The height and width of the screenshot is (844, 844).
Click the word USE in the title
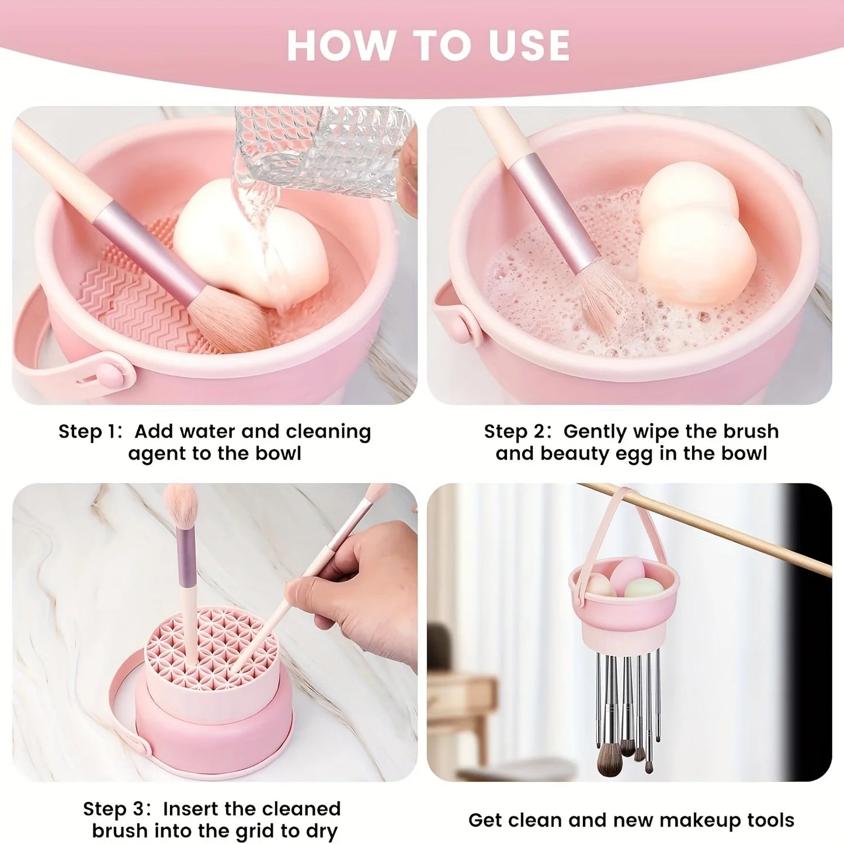529,46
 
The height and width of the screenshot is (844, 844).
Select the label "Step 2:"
517,432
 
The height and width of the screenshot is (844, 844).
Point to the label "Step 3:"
116,809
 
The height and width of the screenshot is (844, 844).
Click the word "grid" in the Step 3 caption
256,831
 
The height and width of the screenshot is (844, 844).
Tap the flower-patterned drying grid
210,642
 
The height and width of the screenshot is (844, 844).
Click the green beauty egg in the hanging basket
644,587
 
